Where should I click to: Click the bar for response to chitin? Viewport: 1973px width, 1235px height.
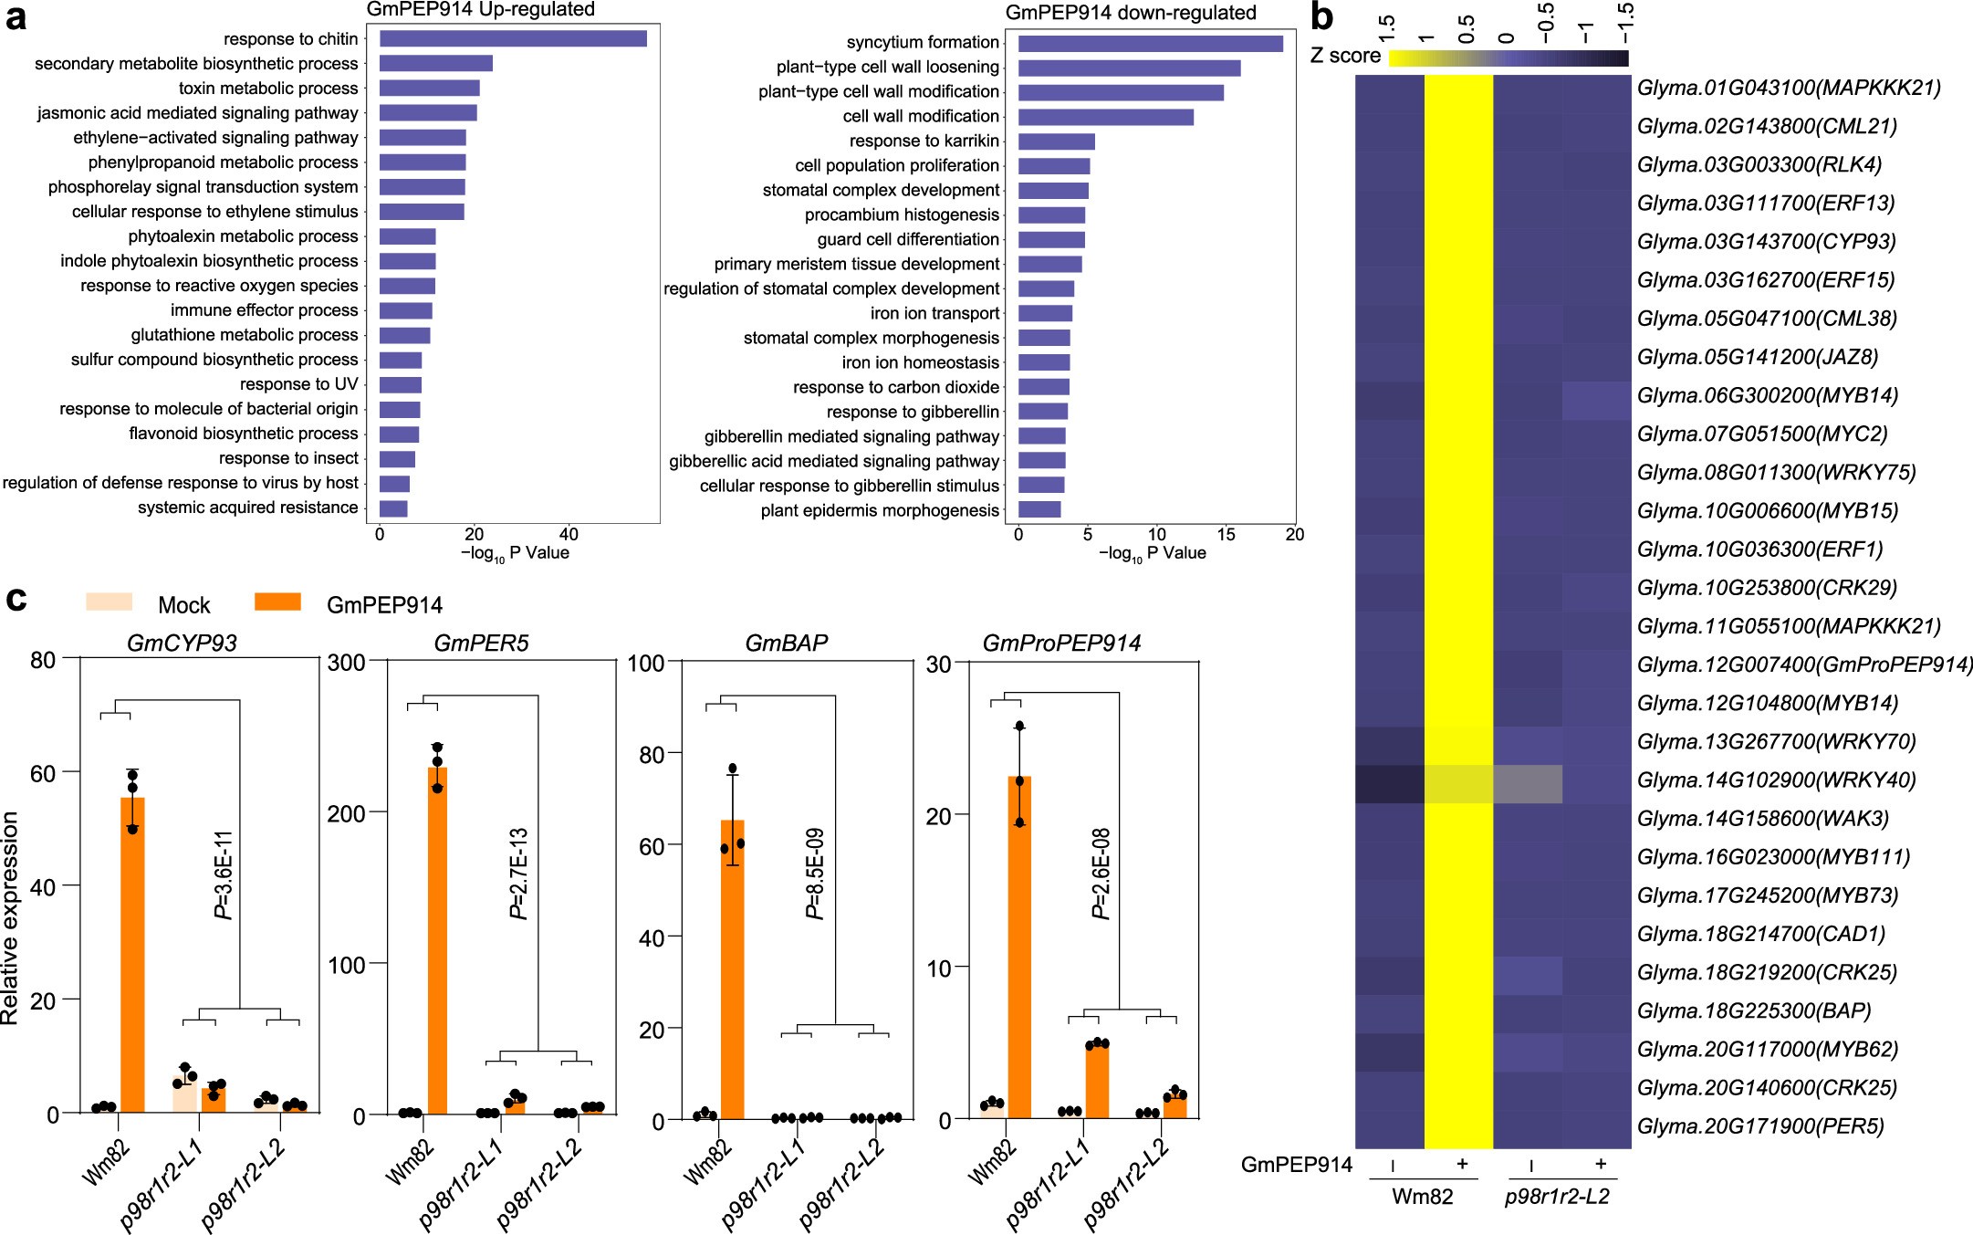[513, 38]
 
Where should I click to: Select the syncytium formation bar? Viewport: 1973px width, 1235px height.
[1150, 43]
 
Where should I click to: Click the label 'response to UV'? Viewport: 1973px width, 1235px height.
[298, 384]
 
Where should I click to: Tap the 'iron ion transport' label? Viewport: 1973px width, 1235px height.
[934, 313]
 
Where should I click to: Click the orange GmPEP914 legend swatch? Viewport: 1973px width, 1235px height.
[277, 602]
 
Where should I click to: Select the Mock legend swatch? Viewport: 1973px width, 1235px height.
[109, 602]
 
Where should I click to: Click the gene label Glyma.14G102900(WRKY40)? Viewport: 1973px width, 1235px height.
[1776, 780]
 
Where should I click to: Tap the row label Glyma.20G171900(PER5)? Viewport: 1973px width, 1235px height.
[1760, 1126]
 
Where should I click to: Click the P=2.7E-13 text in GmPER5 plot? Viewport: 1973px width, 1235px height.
[519, 873]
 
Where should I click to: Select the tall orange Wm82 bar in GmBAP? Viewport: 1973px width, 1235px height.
[732, 968]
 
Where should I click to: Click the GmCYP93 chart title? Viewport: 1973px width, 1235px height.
[182, 644]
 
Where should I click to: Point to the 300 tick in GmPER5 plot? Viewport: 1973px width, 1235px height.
[346, 662]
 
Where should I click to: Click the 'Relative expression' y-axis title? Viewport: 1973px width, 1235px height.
[11, 917]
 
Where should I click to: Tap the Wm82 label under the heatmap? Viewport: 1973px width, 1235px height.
[1422, 1197]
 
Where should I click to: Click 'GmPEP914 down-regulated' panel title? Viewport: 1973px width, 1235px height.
[1130, 13]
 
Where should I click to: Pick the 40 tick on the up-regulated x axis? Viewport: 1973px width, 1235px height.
[569, 535]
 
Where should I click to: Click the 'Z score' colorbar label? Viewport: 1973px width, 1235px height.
[1345, 57]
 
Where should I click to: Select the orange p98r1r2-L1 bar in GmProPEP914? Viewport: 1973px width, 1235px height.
[1097, 1081]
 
